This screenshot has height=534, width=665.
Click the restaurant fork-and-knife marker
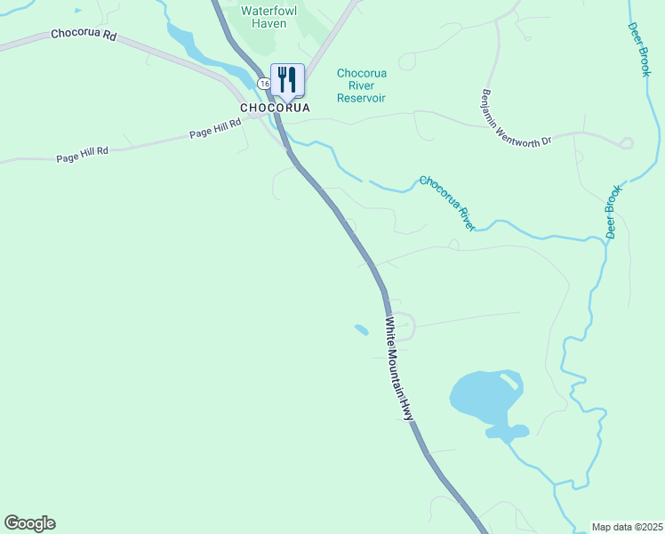[x=287, y=79]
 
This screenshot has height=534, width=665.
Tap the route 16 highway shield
[x=264, y=83]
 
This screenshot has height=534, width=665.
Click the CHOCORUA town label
[x=275, y=108]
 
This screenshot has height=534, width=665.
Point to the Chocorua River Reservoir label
[x=361, y=85]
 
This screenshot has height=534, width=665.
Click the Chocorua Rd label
[x=84, y=35]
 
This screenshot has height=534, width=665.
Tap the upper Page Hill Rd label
[x=215, y=129]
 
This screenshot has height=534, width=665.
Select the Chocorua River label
[x=447, y=203]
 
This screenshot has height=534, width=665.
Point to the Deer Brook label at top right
[x=637, y=50]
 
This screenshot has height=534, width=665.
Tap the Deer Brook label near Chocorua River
[x=613, y=213]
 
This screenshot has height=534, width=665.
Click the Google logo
[x=29, y=523]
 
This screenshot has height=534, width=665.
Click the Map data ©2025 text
[x=627, y=527]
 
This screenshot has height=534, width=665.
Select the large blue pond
[x=485, y=398]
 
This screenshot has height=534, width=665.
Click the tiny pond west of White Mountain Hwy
[x=361, y=330]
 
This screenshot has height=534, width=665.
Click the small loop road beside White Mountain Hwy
[x=405, y=327]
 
